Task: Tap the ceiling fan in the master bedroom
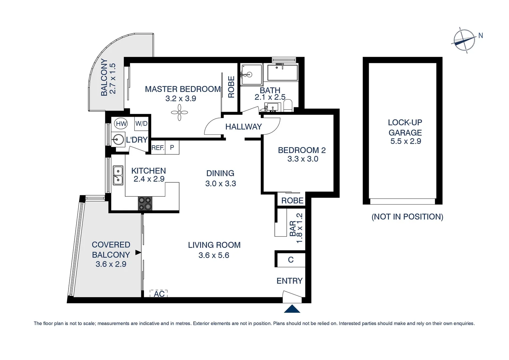pos(180,113)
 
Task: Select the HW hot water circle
pos(121,124)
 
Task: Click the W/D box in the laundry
pos(141,124)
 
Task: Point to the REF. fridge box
pos(158,147)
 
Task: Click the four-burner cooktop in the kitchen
pos(145,203)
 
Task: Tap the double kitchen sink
pos(118,175)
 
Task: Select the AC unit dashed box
pos(159,294)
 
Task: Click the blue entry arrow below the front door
pos(292,309)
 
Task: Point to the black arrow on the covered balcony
pos(138,253)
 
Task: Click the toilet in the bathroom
pos(288,105)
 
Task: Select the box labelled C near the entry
pos(290,260)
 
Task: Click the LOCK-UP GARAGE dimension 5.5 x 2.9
pos(405,141)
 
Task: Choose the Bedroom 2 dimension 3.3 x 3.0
pos(302,159)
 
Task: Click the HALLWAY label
pos(244,127)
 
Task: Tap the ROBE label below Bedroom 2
pos(292,200)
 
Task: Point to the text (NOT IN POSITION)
pos(407,217)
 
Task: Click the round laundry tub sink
pos(118,139)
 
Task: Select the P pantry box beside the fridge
pos(172,147)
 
